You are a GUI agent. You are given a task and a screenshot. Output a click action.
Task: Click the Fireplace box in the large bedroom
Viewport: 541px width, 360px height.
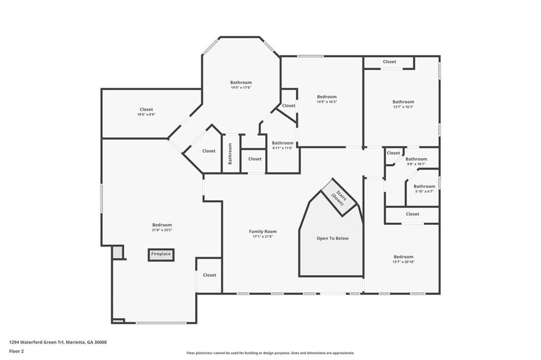pos(161,254)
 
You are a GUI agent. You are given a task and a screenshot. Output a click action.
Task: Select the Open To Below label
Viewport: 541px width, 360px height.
pos(332,239)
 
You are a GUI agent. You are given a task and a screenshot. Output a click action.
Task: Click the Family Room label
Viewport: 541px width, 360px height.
pos(263,231)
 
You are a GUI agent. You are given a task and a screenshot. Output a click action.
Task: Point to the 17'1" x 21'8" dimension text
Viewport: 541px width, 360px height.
pos(263,237)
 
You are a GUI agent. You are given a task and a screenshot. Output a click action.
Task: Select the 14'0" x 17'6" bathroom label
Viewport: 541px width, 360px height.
pos(240,88)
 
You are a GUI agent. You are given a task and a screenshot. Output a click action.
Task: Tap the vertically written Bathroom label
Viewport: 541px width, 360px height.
pos(230,154)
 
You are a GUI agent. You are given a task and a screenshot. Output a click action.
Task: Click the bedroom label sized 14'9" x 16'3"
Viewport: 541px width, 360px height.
pos(327,97)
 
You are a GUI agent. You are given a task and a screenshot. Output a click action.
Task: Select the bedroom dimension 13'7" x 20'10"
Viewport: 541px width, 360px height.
pos(403,262)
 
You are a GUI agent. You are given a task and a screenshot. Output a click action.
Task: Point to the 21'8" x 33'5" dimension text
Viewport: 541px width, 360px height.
pos(162,230)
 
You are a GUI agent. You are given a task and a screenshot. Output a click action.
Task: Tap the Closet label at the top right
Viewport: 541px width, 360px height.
pos(389,62)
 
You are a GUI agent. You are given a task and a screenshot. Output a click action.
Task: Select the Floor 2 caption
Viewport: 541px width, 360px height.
pos(17,351)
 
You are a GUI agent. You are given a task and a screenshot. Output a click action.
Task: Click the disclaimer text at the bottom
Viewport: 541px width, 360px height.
pos(270,353)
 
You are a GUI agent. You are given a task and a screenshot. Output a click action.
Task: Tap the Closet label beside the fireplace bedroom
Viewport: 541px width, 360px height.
pos(209,275)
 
